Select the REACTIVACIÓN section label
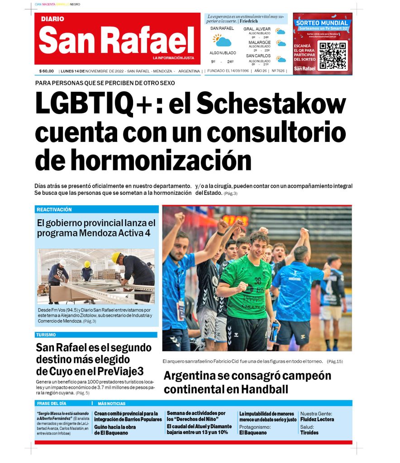click(54, 210)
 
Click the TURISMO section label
click(46, 335)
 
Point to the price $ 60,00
click(47, 71)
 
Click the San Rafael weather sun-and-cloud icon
click(222, 41)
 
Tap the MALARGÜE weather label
click(259, 43)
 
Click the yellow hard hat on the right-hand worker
click(116, 257)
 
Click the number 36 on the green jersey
click(257, 281)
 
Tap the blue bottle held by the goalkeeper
click(274, 331)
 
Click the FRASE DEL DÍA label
click(51, 403)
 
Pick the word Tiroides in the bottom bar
click(309, 433)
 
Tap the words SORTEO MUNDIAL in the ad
click(322, 23)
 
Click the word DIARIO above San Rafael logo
click(52, 19)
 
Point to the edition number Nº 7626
click(278, 71)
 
